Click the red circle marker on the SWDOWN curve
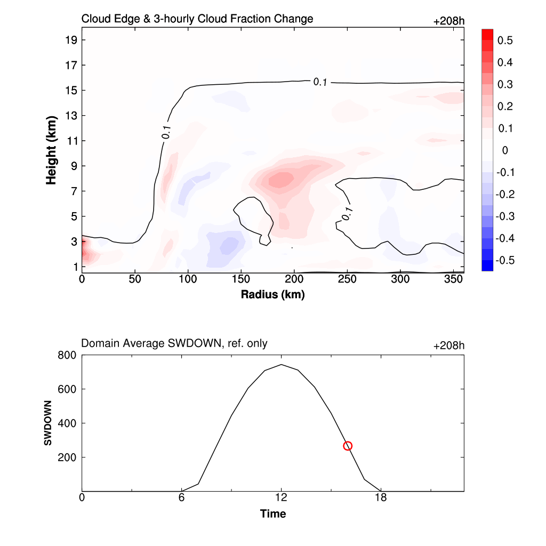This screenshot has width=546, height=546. tap(348, 446)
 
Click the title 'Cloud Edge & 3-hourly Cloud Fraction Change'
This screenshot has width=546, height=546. tap(197, 19)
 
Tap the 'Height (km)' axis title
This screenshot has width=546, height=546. tap(51, 150)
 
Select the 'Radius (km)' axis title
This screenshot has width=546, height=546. tap(272, 294)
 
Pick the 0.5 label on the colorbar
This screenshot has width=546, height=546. tap(504, 41)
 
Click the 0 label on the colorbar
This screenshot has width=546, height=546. tap(505, 150)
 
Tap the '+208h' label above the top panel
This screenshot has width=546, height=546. tap(448, 21)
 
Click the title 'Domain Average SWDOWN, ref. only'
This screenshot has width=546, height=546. tap(174, 344)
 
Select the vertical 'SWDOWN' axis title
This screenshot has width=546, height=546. tap(48, 423)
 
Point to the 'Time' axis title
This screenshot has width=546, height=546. tap(272, 514)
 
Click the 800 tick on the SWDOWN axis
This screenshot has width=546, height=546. tap(67, 355)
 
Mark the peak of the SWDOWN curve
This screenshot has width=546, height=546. tap(281, 365)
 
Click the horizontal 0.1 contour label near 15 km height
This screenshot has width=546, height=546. tap(320, 82)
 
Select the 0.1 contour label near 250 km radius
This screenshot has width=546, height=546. tap(347, 214)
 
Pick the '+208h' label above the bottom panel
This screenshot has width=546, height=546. tap(448, 346)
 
